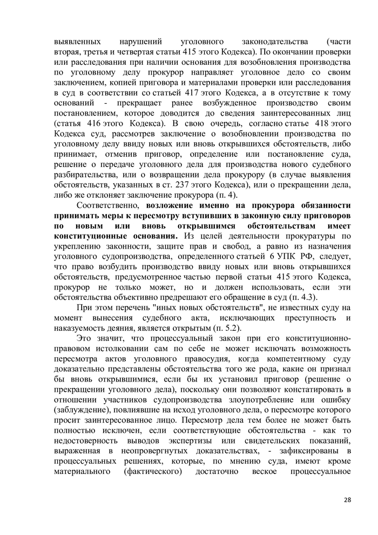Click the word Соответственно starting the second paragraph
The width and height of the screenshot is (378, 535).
tap(107, 205)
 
